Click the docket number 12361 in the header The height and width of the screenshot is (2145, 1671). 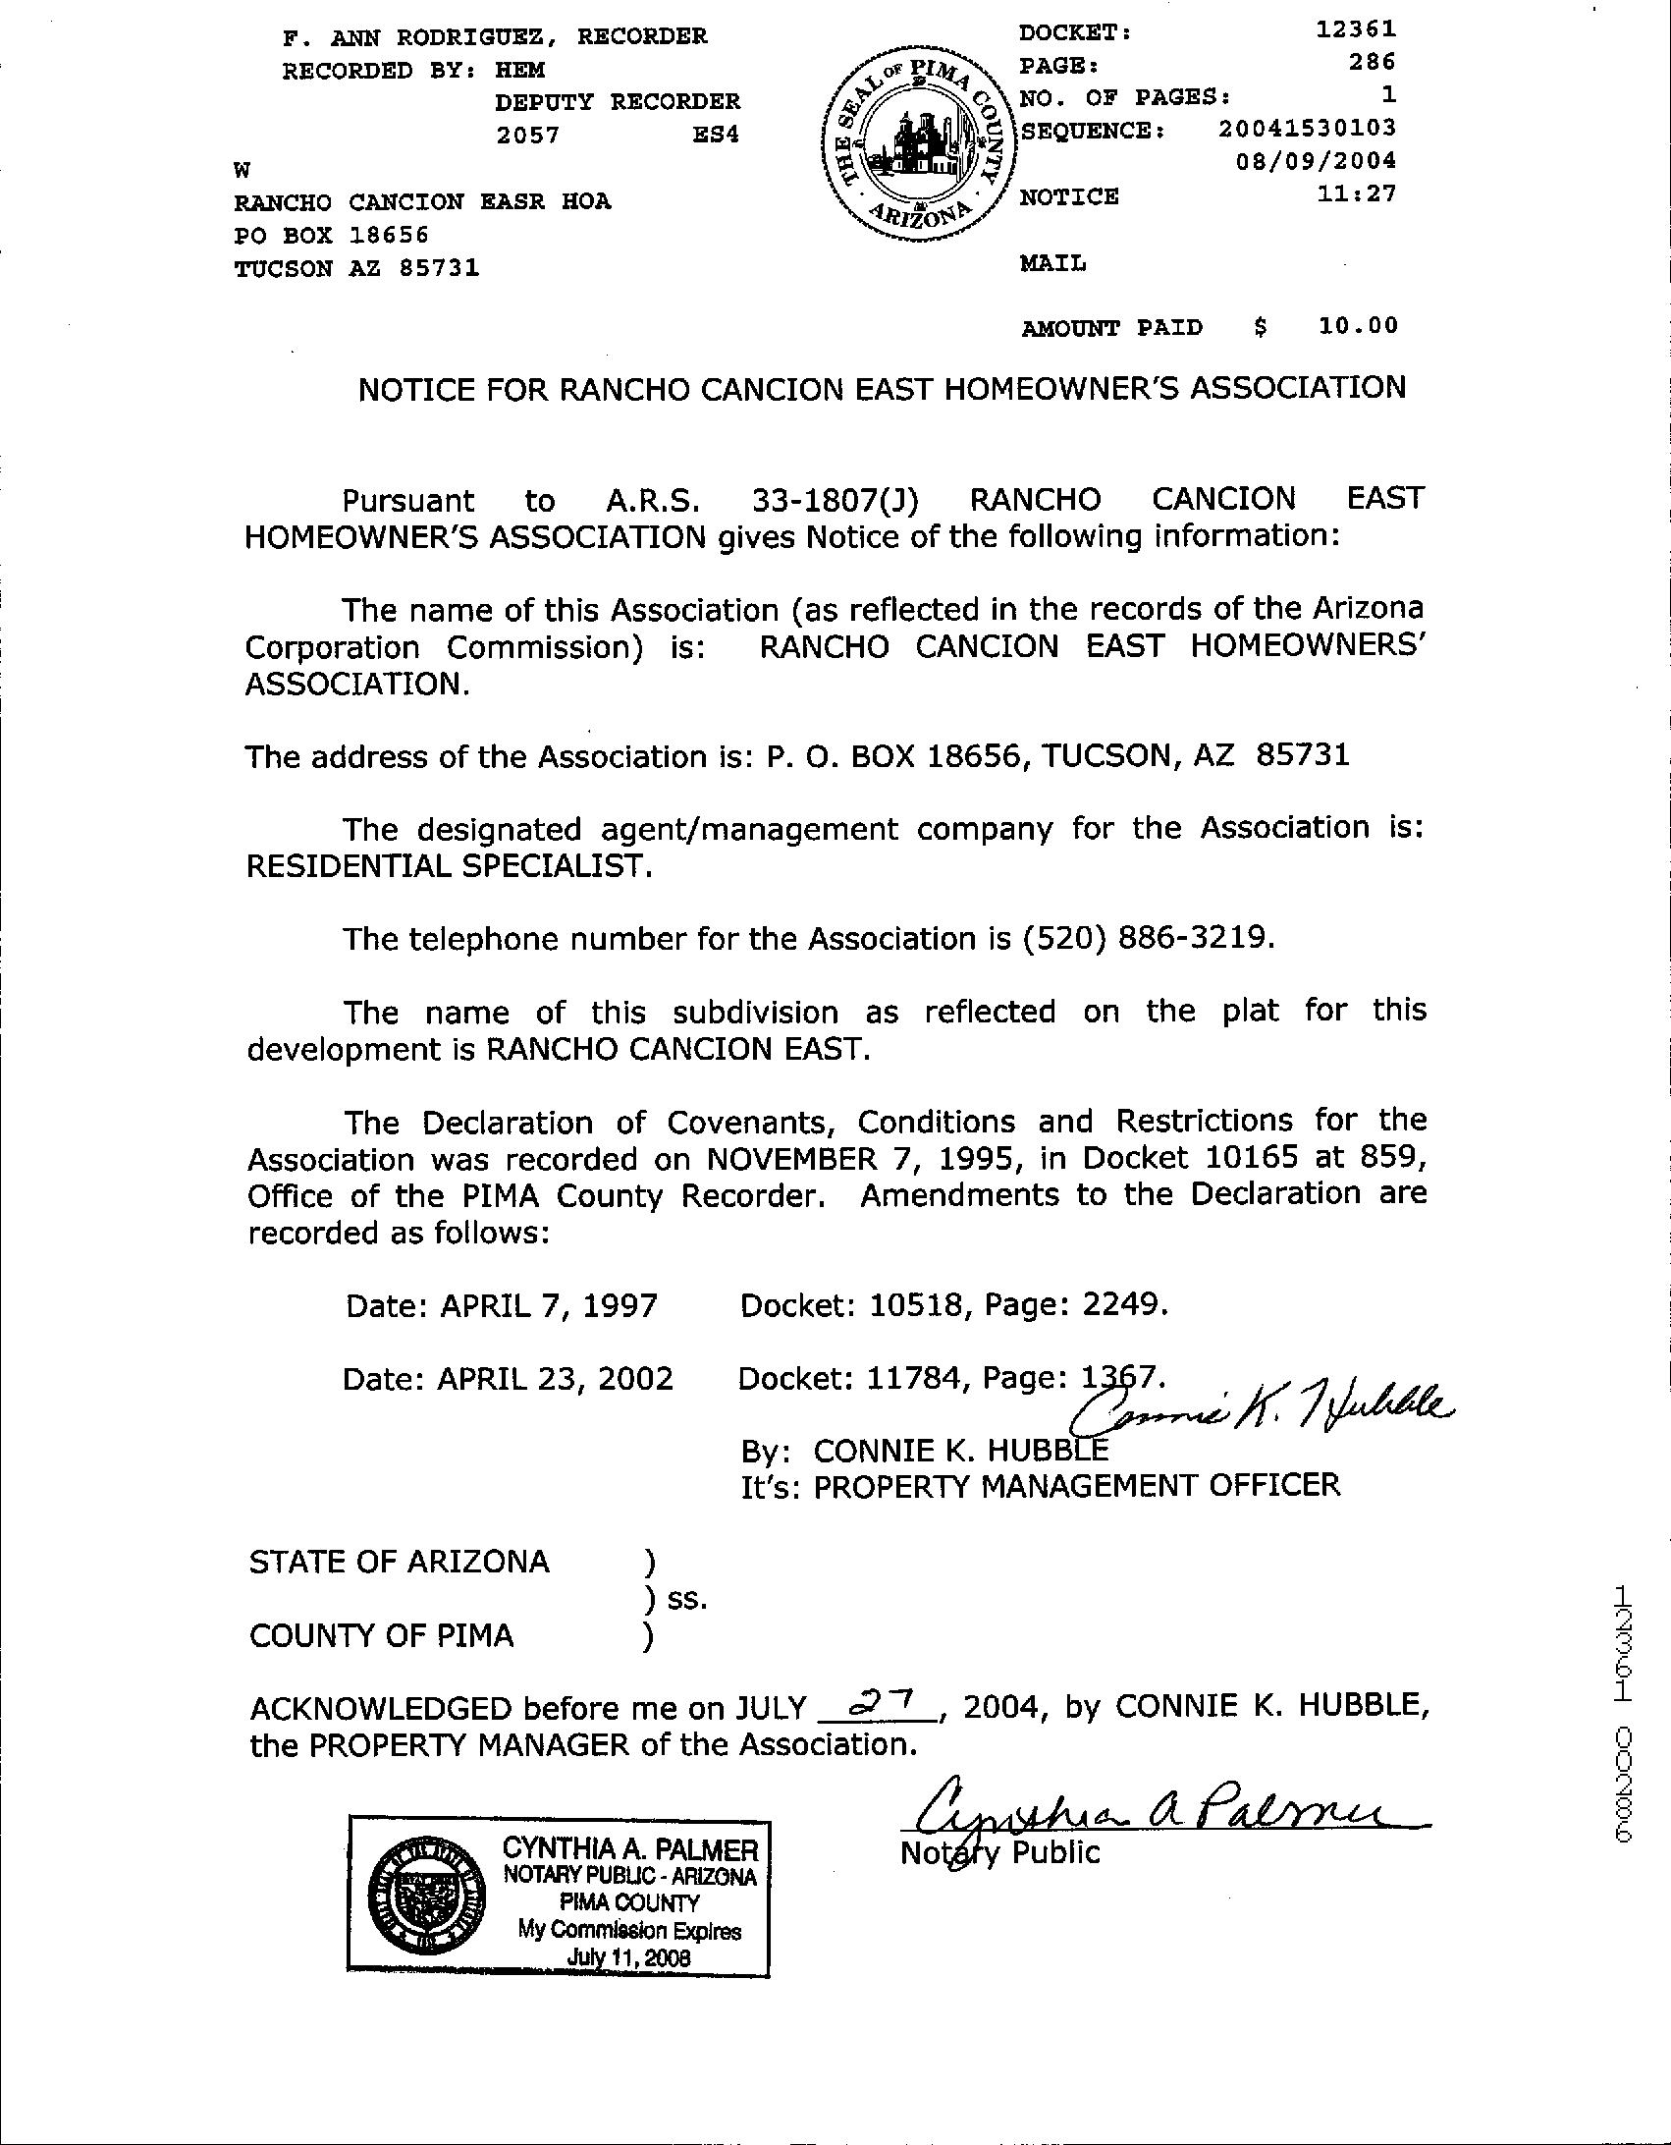(1356, 29)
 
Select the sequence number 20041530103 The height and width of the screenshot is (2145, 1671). (1307, 128)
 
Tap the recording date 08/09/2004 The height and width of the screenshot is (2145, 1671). (1316, 160)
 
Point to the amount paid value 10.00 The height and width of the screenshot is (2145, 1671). (1358, 325)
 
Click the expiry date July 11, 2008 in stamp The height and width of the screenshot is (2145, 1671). (628, 1957)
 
